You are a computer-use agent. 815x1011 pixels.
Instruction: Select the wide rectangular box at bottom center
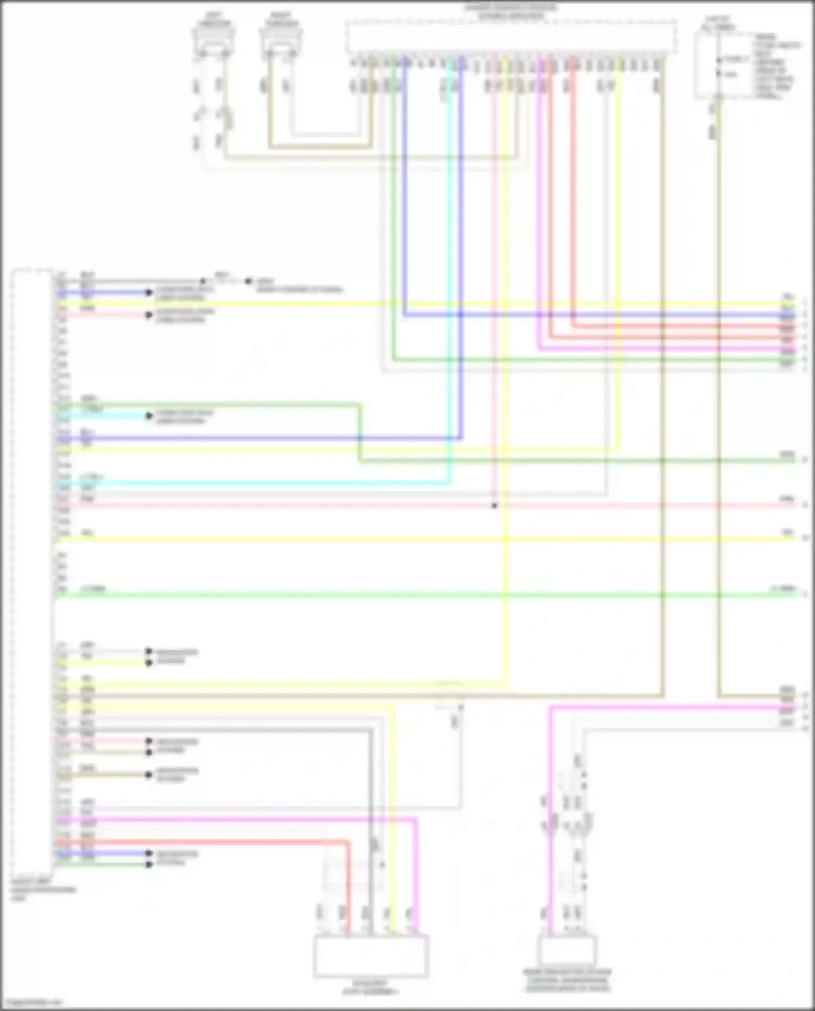pyautogui.click(x=371, y=956)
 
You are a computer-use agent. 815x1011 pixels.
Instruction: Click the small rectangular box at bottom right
pyautogui.click(x=567, y=950)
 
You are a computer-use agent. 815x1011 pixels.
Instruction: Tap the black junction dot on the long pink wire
pyautogui.click(x=494, y=506)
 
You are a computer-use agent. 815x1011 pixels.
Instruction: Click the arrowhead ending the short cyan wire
pyautogui.click(x=149, y=416)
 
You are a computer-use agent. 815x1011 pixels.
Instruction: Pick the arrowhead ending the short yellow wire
pyautogui.click(x=149, y=663)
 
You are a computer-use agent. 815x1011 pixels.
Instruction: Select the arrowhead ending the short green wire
pyautogui.click(x=149, y=864)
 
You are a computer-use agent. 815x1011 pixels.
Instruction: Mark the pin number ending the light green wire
pyautogui.click(x=805, y=594)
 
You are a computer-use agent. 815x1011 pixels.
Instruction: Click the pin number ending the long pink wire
pyautogui.click(x=805, y=505)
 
